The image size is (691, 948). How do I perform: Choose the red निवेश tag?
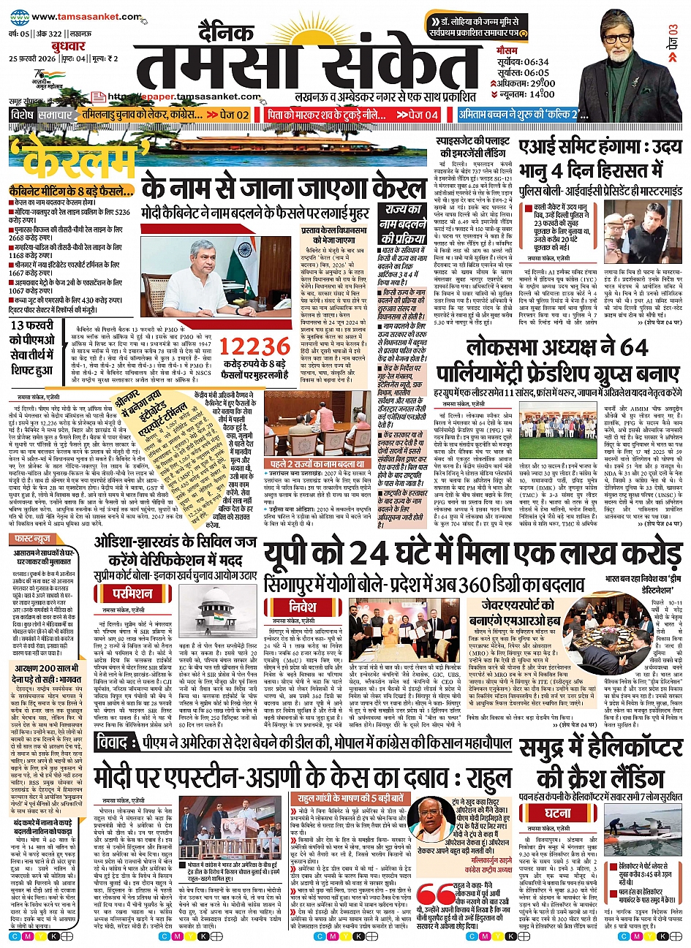tap(303, 607)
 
